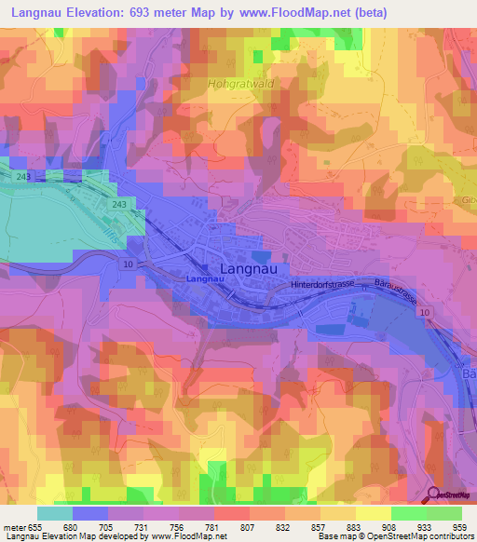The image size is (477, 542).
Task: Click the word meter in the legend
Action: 16,527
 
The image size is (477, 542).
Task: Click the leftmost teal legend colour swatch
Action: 54,513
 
